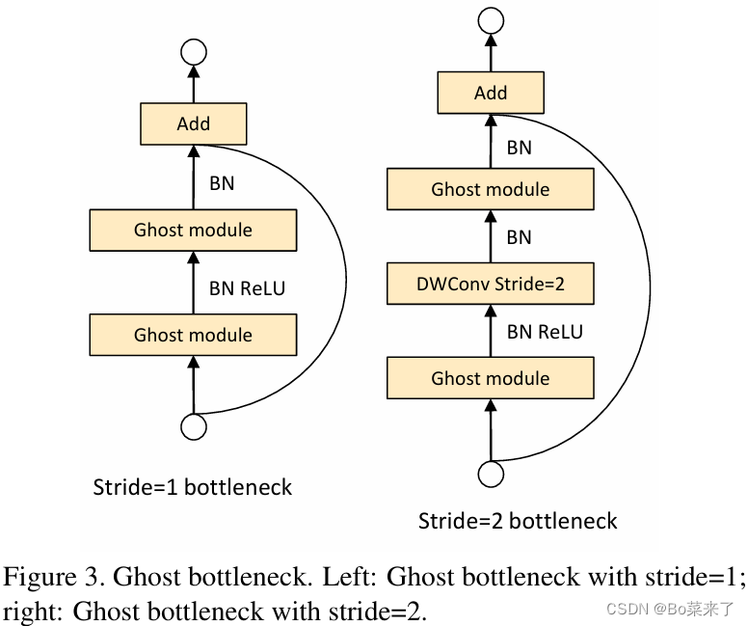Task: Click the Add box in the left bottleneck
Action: [194, 124]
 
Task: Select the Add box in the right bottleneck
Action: [491, 94]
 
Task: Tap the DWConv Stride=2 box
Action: [491, 285]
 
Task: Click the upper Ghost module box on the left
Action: [193, 230]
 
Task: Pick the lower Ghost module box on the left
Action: [193, 335]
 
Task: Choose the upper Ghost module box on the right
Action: [491, 189]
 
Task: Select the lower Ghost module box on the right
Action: [491, 378]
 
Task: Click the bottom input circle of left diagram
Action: [194, 426]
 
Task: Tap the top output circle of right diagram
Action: [491, 19]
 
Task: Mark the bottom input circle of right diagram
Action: [491, 474]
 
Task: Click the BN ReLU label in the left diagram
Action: [247, 287]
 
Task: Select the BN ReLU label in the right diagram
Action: [545, 332]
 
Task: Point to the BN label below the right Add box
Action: [519, 148]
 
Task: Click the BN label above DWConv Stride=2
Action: [519, 237]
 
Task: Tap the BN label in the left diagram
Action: [221, 182]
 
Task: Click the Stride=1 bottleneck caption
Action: [192, 486]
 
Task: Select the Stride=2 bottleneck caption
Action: [518, 522]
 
